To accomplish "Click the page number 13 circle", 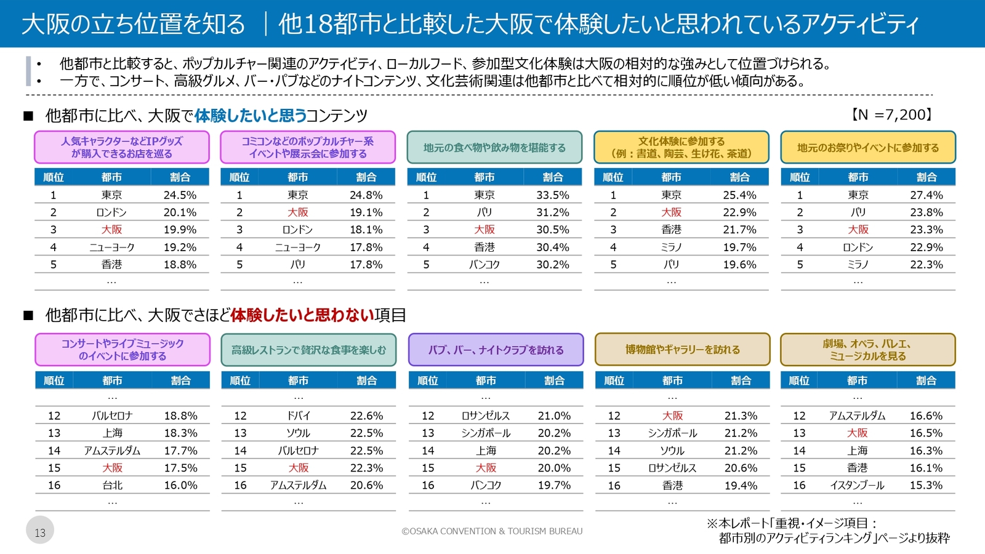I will (40, 531).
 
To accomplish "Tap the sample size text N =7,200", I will (892, 114).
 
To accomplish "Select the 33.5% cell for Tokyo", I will (552, 195).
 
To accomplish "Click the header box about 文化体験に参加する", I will (681, 147).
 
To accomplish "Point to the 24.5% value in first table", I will (180, 195).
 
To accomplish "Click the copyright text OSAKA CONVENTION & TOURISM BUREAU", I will (492, 531).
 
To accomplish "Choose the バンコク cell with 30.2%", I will (484, 265).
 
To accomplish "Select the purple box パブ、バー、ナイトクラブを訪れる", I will (496, 350).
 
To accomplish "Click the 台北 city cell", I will (112, 485).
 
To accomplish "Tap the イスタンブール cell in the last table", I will (857, 485).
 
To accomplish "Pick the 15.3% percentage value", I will (926, 485).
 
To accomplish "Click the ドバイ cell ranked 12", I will (299, 415).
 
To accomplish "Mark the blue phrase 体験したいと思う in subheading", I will (251, 115).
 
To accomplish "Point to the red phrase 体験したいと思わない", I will (302, 315).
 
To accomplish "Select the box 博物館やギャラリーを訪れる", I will (682, 350).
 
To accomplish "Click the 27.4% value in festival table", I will (926, 195).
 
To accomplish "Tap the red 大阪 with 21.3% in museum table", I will (672, 415).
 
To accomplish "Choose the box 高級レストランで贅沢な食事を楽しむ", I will (308, 350).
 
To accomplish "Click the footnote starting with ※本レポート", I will (828, 531).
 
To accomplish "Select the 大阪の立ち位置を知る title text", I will (134, 24).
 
